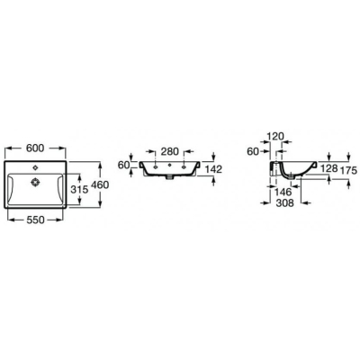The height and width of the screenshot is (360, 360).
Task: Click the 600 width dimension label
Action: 35,148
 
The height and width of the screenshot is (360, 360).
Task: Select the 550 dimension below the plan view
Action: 35,220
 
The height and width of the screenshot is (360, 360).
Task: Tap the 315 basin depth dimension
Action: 79,189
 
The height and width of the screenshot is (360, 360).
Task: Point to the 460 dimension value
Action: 100,184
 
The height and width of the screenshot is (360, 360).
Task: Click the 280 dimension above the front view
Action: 170,151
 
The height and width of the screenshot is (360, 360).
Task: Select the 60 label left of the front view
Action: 123,165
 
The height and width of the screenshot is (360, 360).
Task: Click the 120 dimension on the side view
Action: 275,137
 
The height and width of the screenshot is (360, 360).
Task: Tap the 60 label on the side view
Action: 253,152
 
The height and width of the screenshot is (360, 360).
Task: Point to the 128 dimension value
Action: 329,168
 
